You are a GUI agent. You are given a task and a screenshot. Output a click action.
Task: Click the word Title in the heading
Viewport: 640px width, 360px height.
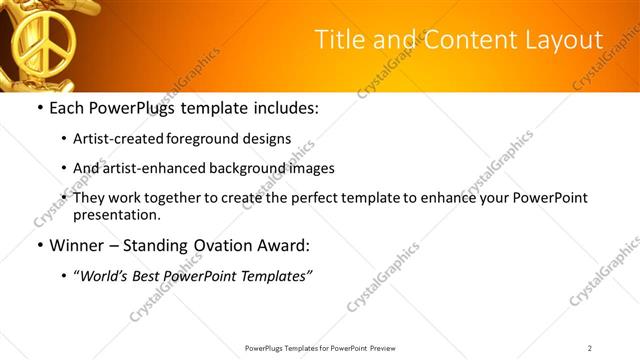click(x=340, y=40)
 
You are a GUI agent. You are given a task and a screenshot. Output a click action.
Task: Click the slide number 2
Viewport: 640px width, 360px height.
click(x=590, y=348)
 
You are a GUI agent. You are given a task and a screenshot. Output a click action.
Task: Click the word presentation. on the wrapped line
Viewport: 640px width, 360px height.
click(x=116, y=214)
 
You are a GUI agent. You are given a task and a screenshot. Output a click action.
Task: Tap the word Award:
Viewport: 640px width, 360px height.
click(x=285, y=245)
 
